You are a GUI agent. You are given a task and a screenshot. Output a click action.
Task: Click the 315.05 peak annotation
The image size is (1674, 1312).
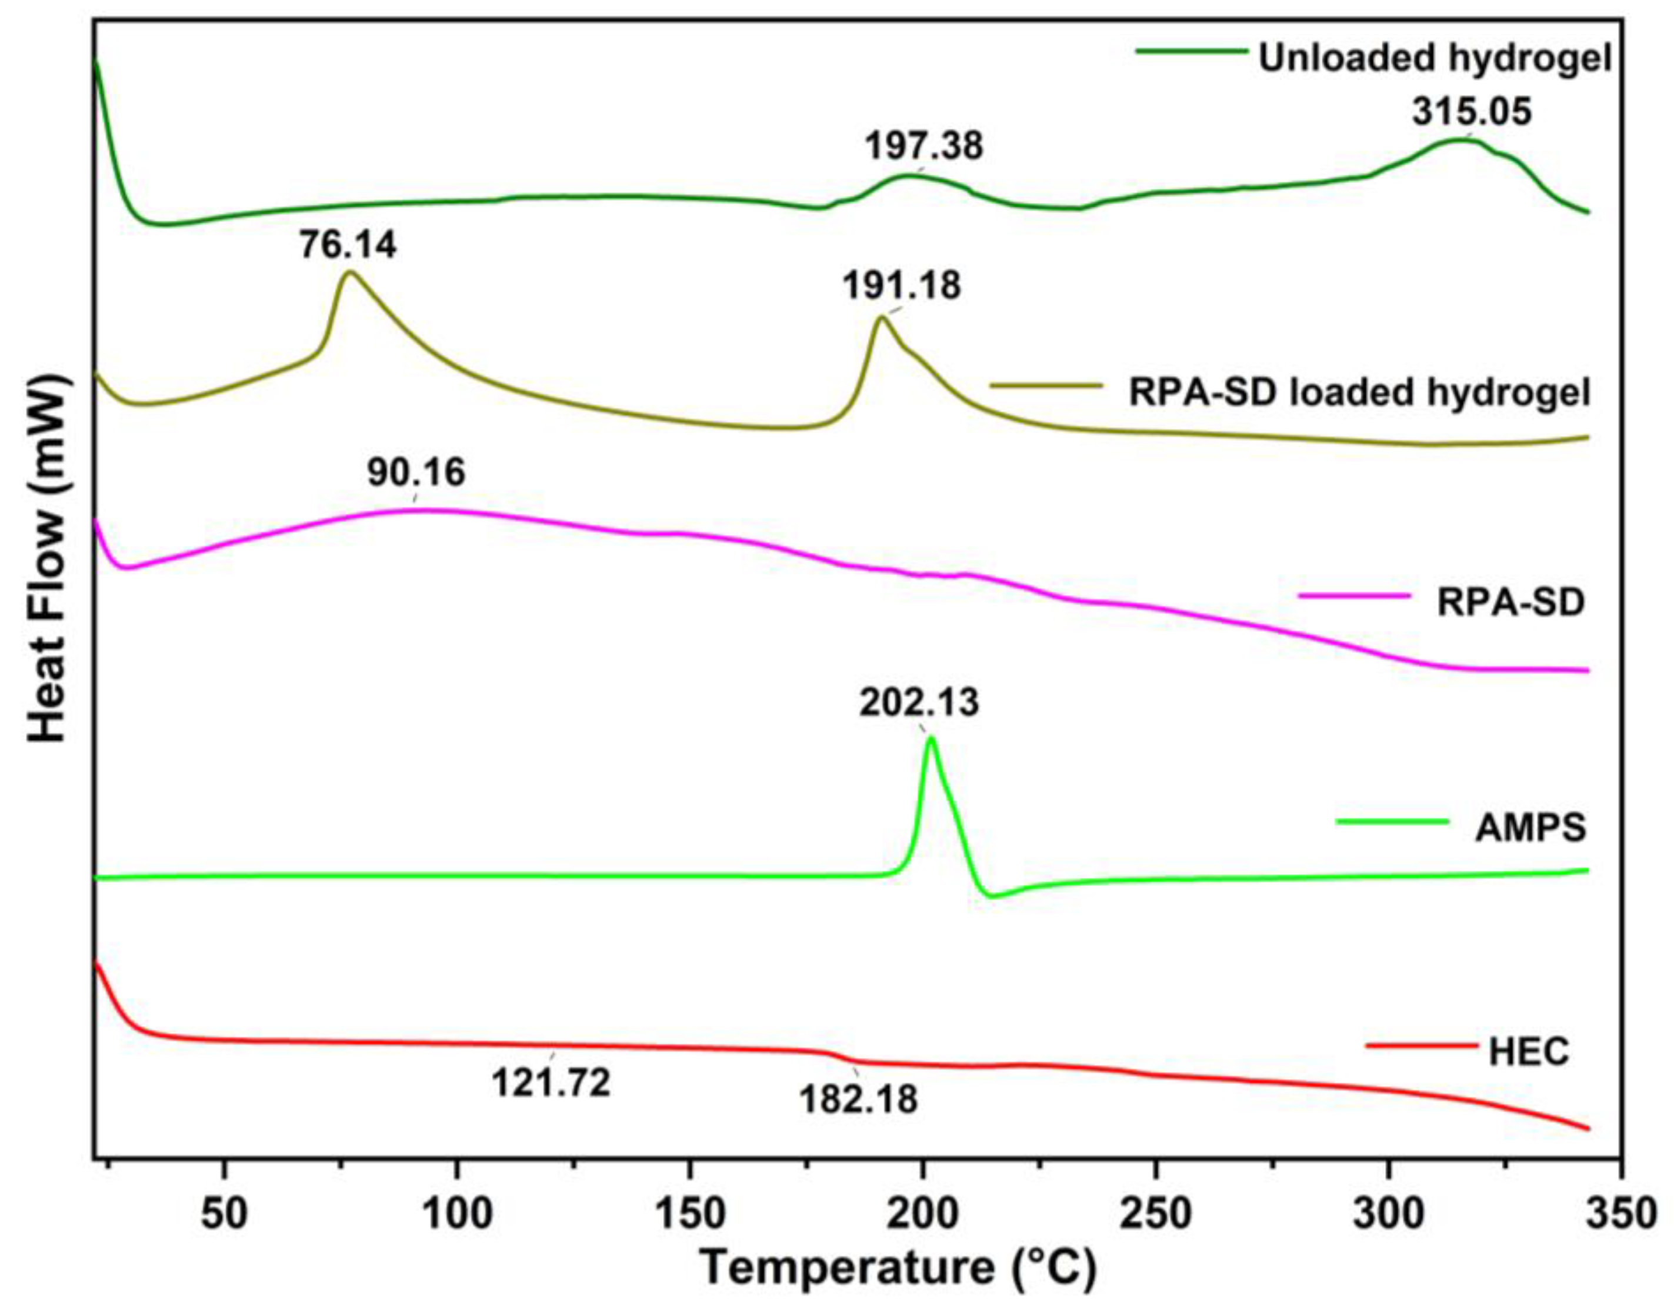(x=1471, y=112)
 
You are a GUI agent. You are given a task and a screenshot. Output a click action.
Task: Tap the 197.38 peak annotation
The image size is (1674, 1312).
(x=924, y=146)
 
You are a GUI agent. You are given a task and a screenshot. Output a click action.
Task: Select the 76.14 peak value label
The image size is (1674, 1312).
(x=348, y=245)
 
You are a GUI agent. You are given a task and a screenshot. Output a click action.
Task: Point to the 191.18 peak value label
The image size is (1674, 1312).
(x=902, y=287)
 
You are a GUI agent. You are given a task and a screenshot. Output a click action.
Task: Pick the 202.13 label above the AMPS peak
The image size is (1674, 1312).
(x=919, y=703)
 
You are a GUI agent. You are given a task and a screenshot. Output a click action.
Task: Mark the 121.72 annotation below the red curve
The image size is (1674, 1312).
(x=551, y=1083)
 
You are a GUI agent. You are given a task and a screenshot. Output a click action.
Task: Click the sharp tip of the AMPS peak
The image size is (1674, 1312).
(x=931, y=737)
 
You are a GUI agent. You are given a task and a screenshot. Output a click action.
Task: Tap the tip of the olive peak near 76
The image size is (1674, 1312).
(x=350, y=272)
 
